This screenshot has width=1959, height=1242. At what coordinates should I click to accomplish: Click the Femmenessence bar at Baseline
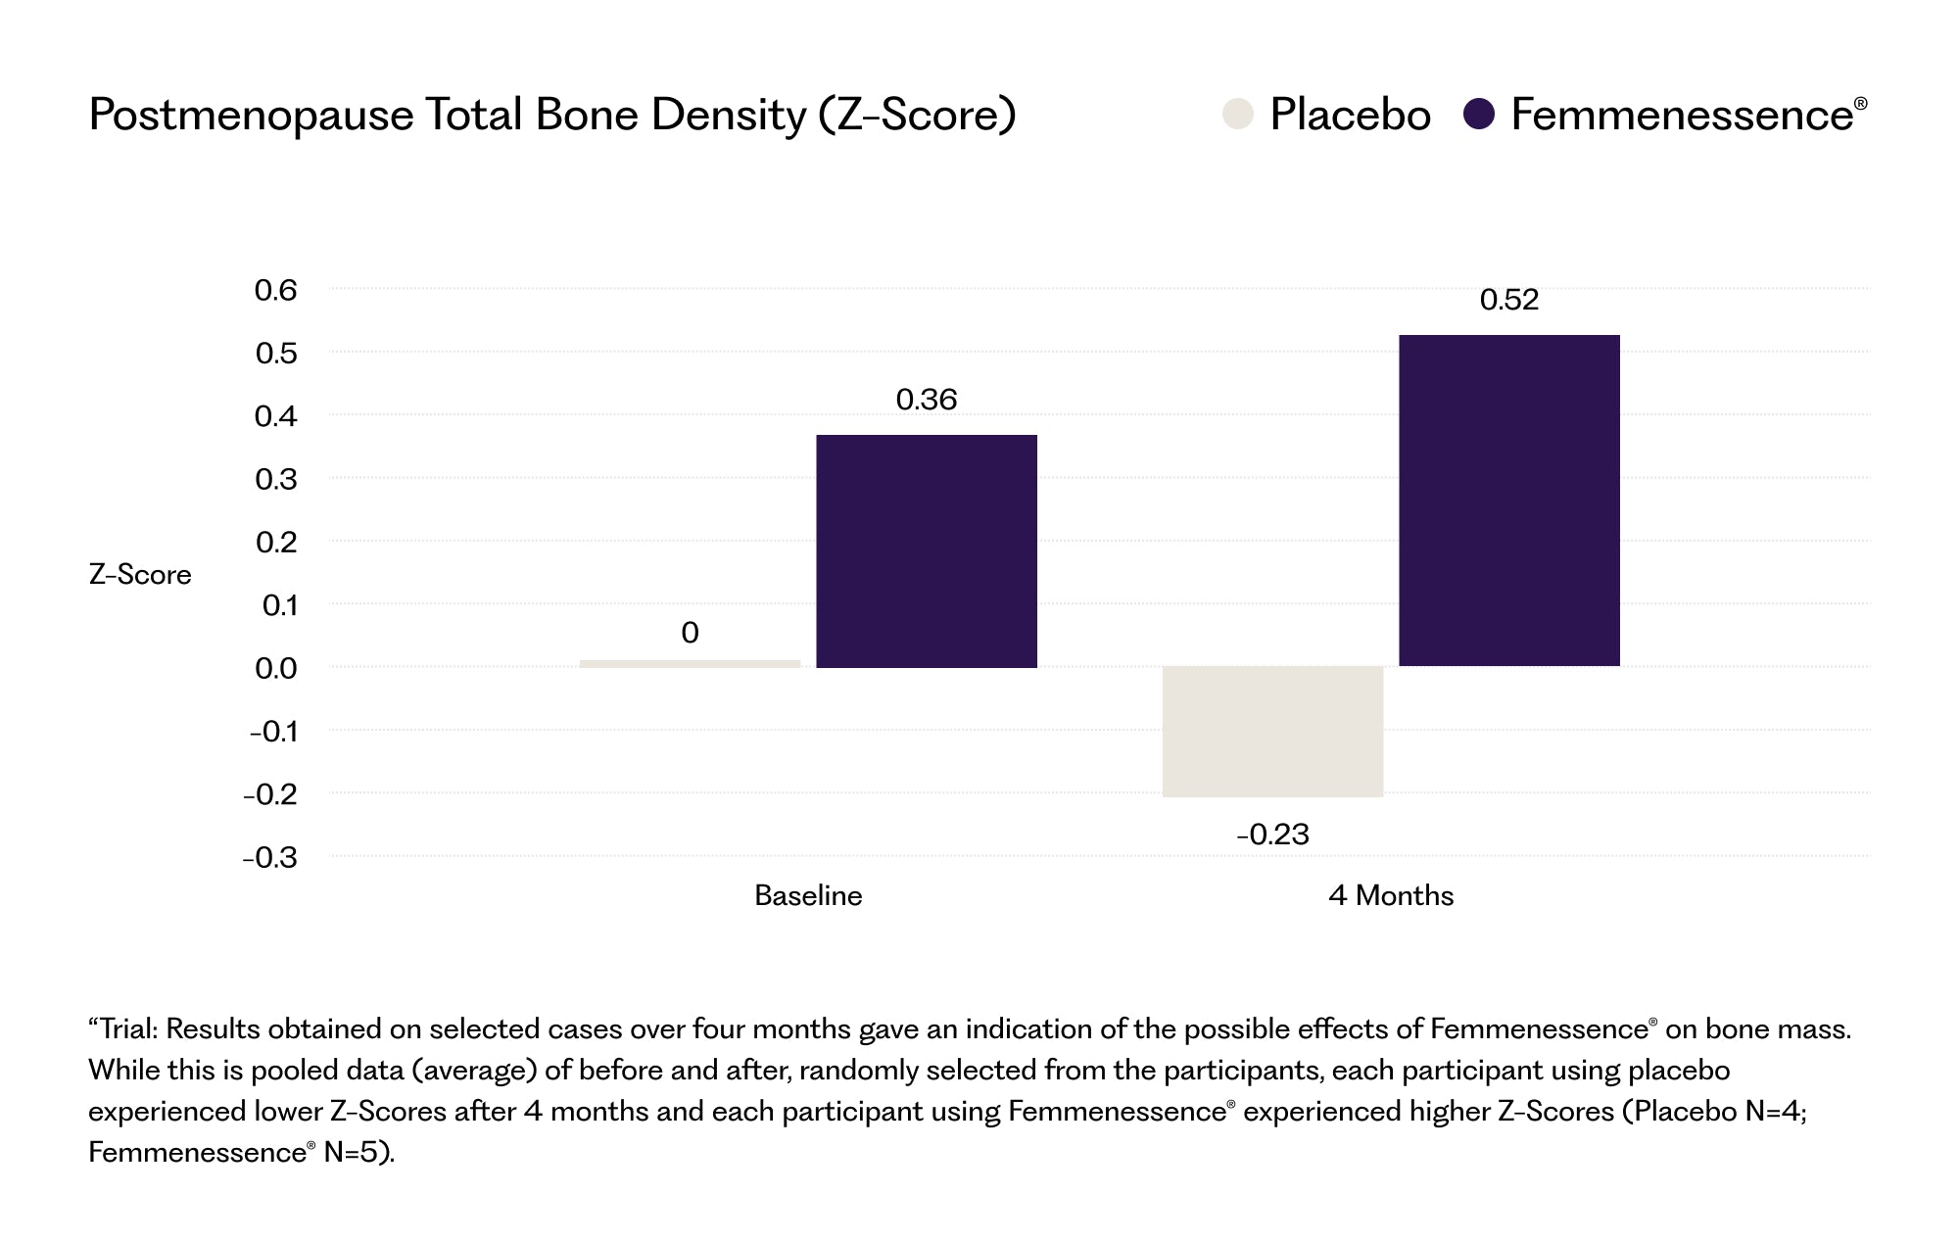pyautogui.click(x=927, y=551)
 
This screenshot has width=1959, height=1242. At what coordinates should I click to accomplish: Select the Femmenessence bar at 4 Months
pyautogui.click(x=1509, y=501)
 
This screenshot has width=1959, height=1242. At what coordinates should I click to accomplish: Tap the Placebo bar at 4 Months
pyautogui.click(x=1273, y=732)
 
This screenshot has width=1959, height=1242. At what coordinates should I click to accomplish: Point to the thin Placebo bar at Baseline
pyautogui.click(x=691, y=663)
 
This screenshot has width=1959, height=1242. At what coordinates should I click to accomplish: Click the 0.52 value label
pyautogui.click(x=1509, y=300)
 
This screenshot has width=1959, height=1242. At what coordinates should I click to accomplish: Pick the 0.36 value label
pyautogui.click(x=927, y=400)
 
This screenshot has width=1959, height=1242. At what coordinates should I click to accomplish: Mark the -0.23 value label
pyautogui.click(x=1273, y=835)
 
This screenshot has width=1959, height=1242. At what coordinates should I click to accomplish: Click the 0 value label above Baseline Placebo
pyautogui.click(x=691, y=633)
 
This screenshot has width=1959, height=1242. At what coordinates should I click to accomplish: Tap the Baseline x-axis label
pyautogui.click(x=808, y=895)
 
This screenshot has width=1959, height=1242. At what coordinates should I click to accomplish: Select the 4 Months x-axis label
pyautogui.click(x=1391, y=895)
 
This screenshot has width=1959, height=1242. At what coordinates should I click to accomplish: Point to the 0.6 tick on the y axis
pyautogui.click(x=275, y=290)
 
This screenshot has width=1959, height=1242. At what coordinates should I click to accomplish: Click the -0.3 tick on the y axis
pyautogui.click(x=270, y=858)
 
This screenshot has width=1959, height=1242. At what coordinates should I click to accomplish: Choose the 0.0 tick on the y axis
pyautogui.click(x=275, y=669)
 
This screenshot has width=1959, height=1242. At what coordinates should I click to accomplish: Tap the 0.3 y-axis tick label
pyautogui.click(x=275, y=479)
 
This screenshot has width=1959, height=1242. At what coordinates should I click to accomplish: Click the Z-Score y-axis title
pyautogui.click(x=140, y=574)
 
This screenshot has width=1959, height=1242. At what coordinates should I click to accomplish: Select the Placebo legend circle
pyautogui.click(x=1238, y=114)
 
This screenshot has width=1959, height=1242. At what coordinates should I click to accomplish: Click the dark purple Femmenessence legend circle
pyautogui.click(x=1479, y=114)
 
